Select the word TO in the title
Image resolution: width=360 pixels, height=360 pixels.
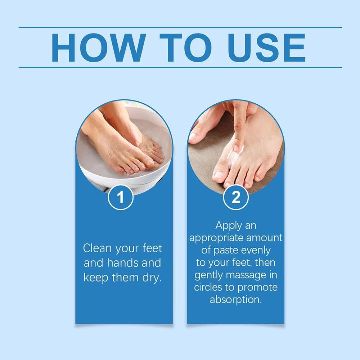click(185, 48)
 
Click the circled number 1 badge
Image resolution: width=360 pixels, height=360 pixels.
click(121, 197)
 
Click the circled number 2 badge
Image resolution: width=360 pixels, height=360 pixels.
click(236, 197)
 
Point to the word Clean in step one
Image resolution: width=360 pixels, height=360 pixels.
click(98, 248)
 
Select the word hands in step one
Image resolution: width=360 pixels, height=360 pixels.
click(122, 263)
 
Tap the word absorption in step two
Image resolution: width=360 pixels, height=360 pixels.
click(236, 300)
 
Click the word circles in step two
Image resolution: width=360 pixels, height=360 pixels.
click(208, 287)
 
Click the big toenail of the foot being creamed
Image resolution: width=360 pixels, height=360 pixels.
click(219, 175)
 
